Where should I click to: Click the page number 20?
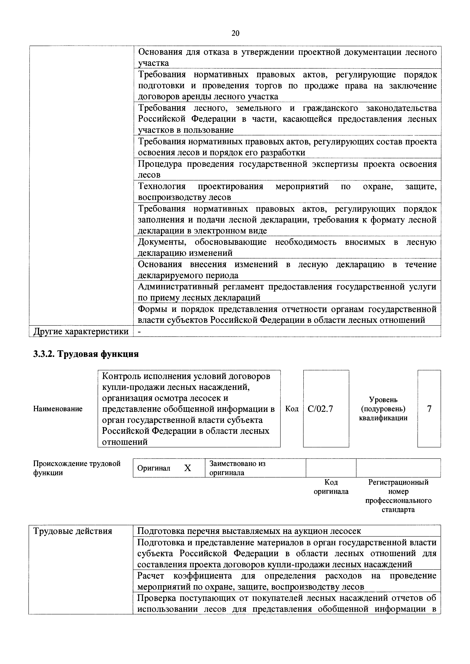tap(235, 33)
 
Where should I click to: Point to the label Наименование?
tap(58, 409)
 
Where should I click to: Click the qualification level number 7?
tap(429, 409)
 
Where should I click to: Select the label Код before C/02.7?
tap(292, 409)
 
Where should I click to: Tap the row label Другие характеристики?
tap(81, 331)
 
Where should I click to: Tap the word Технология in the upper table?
tap(162, 186)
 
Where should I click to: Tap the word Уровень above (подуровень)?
tap(383, 400)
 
